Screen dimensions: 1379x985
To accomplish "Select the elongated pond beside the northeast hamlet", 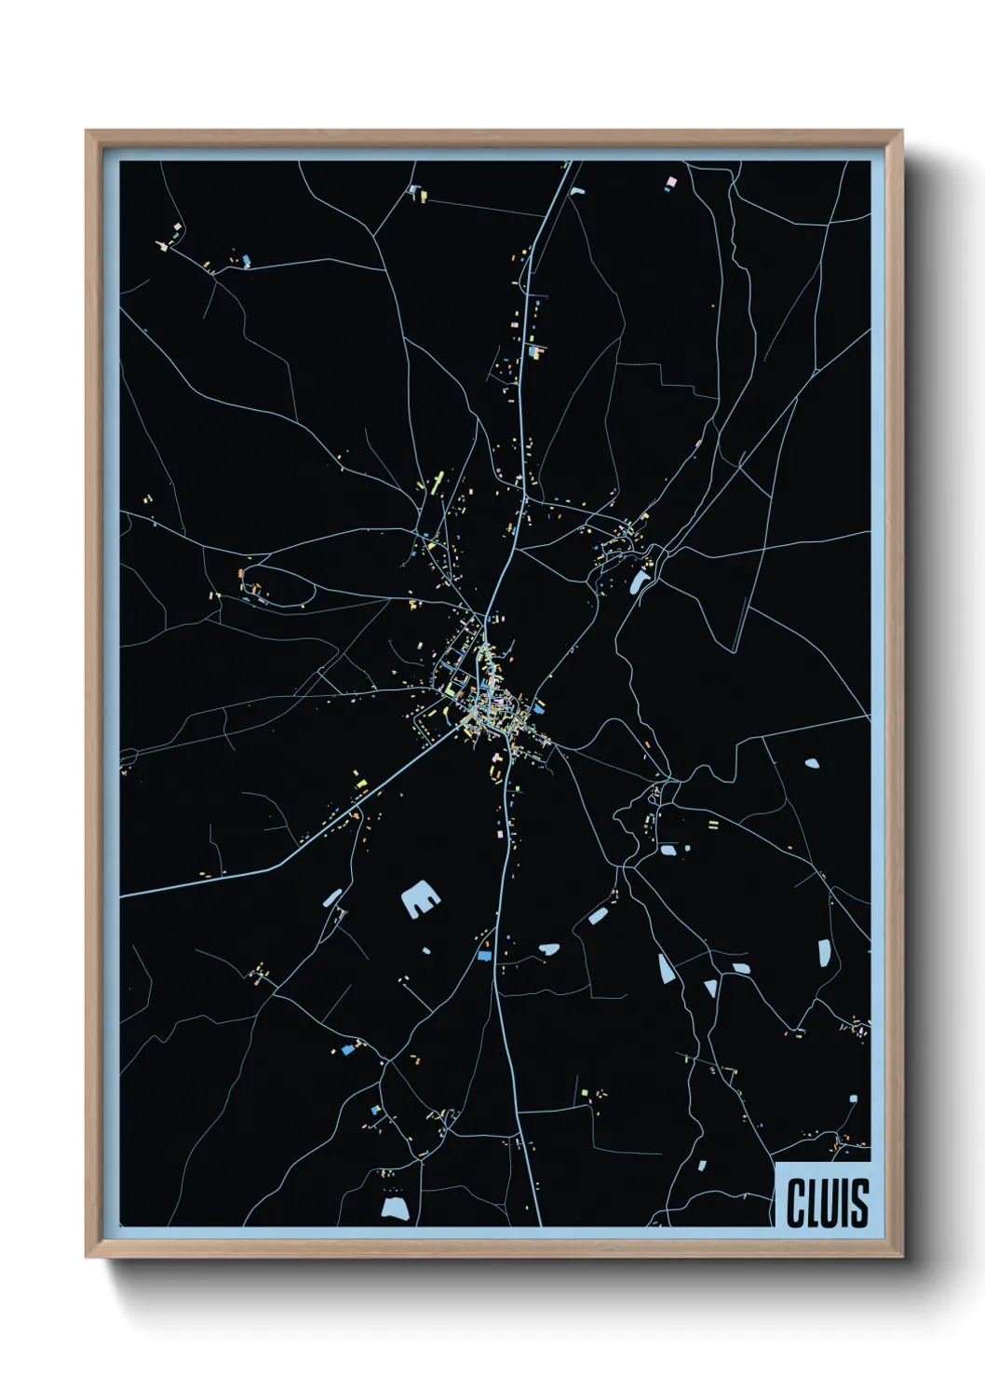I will tap(640, 583).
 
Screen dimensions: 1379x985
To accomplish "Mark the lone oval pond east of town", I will tap(812, 763).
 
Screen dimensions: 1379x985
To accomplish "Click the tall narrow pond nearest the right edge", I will tap(824, 952).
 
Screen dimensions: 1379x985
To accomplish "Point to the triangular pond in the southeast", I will tap(710, 987).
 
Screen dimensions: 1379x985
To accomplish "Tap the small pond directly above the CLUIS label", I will tap(852, 1099).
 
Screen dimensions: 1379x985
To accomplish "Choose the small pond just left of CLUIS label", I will tap(703, 1164).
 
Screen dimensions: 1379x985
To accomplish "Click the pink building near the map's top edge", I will tap(670, 179).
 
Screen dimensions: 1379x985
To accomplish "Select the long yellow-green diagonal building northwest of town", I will tap(437, 482).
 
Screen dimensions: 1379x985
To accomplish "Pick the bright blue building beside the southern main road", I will tap(484, 955).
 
